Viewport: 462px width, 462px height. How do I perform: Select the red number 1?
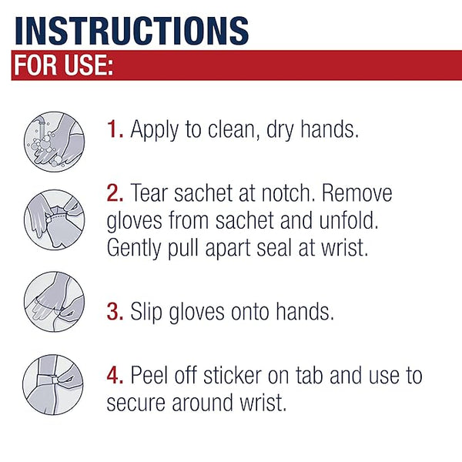tap(113, 129)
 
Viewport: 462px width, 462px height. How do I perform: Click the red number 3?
tap(114, 313)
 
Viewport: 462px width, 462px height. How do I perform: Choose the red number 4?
tap(114, 376)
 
